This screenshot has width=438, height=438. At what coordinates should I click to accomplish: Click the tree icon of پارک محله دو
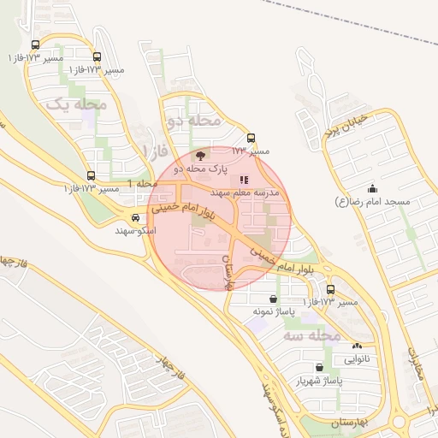(x=200, y=156)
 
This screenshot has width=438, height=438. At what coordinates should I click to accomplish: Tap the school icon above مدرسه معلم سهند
(x=244, y=180)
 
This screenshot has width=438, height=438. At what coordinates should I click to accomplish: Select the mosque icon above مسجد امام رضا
(x=372, y=189)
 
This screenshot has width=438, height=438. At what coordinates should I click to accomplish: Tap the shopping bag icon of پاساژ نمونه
(x=273, y=299)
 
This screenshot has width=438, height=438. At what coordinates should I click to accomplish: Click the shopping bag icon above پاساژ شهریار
(x=319, y=367)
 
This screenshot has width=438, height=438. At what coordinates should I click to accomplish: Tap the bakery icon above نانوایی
(x=357, y=346)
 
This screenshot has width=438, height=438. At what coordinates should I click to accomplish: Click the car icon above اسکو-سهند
(x=136, y=217)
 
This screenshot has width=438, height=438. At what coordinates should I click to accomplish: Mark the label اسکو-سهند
(x=136, y=230)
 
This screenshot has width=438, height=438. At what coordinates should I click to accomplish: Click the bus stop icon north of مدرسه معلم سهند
(x=251, y=138)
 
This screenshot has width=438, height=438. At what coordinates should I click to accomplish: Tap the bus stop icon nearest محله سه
(x=330, y=289)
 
